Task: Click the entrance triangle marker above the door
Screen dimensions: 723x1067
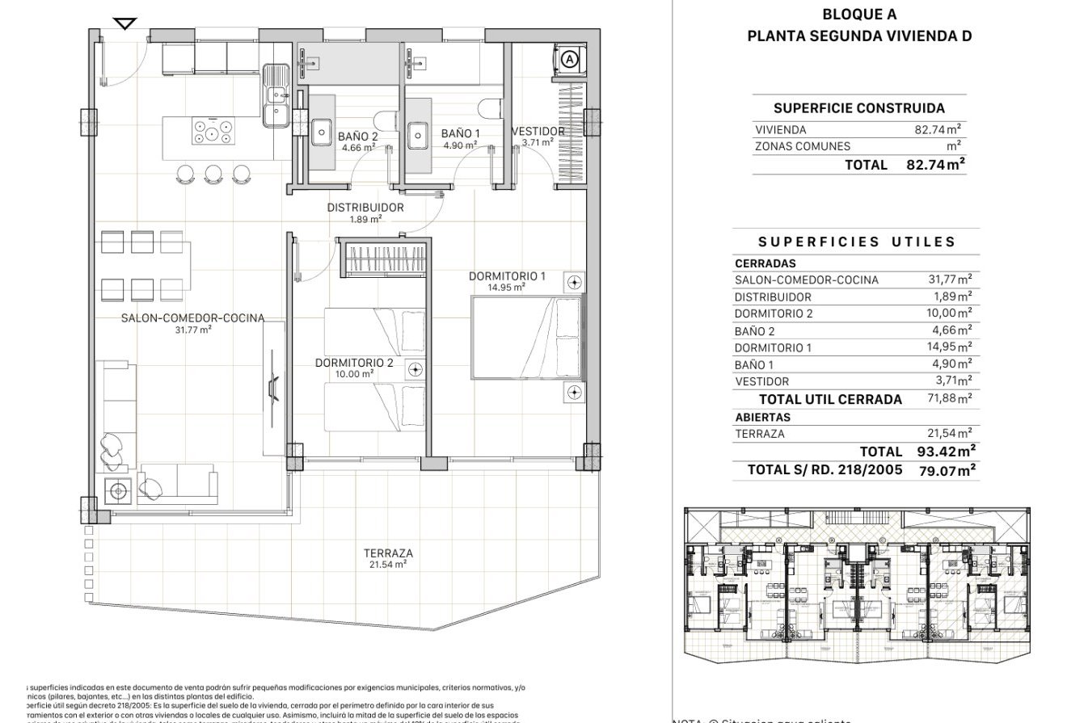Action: point(125,23)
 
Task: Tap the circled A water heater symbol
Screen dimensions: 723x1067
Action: point(569,59)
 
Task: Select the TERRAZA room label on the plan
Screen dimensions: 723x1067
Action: point(388,553)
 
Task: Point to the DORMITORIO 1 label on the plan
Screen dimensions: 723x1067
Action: point(507,276)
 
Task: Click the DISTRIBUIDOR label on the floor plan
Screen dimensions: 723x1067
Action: point(365,208)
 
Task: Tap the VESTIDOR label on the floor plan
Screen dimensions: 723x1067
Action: point(538,131)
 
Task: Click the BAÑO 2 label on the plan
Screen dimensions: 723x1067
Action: point(358,137)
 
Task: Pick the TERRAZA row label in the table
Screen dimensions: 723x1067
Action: point(759,434)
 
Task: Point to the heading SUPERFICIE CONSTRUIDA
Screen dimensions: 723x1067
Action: point(858,108)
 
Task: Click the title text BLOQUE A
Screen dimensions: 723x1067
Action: point(858,15)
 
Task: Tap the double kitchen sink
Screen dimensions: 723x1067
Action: point(276,95)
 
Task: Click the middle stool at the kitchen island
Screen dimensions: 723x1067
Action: point(213,173)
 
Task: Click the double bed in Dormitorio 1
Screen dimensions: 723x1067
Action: point(525,338)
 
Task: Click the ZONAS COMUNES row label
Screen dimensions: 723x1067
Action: point(802,146)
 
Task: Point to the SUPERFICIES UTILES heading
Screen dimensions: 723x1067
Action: point(857,242)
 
